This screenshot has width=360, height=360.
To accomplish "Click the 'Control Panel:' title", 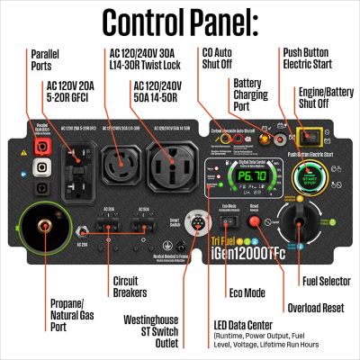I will point(180,22).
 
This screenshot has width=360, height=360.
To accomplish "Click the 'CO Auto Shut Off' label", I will point(220,60).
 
